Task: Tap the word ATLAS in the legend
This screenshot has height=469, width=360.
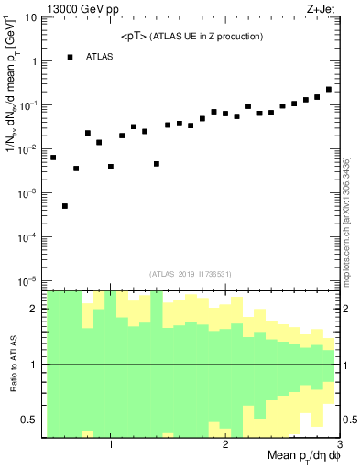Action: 101,57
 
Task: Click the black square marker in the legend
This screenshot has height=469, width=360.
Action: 70,57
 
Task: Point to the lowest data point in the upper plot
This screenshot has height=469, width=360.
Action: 65,206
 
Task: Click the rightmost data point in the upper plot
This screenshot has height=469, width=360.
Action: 328,90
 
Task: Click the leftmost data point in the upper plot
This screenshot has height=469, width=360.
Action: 53,158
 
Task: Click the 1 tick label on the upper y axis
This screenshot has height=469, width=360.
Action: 34,61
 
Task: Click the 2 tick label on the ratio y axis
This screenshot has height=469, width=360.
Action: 34,309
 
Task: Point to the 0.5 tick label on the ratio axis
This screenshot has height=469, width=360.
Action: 30,420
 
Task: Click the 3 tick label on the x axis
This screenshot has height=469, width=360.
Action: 338,446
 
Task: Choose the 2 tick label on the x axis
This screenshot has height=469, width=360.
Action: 225,446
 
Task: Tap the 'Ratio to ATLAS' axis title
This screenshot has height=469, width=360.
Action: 12,364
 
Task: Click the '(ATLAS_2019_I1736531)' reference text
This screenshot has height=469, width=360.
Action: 191,273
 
